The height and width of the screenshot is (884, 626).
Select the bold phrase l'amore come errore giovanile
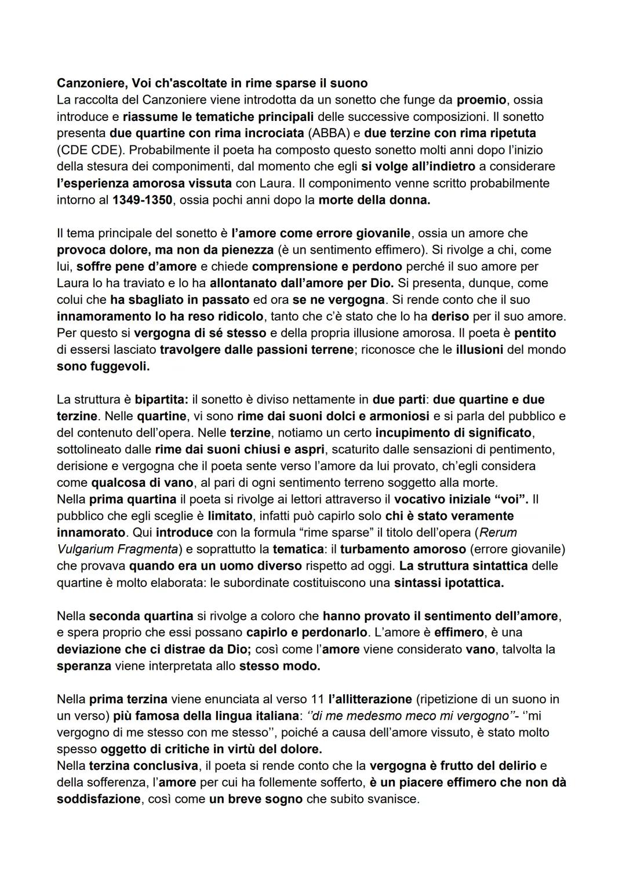point(321,233)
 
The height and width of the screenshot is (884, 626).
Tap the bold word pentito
point(535,333)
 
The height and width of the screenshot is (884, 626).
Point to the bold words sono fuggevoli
point(103,366)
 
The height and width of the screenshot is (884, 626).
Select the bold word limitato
point(230,515)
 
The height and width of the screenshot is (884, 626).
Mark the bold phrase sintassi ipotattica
point(449,582)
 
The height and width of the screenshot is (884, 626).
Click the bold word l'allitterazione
point(368,699)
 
